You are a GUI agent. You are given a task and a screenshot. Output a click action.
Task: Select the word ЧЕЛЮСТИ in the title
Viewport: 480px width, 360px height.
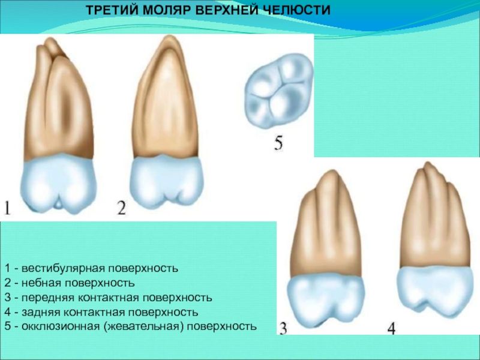296,10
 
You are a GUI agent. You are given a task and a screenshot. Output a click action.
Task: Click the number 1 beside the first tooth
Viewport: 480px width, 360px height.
7,208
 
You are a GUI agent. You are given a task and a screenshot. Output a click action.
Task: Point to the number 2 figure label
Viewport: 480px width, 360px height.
122,208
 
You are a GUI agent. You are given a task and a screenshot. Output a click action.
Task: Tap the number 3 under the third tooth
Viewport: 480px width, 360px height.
283,328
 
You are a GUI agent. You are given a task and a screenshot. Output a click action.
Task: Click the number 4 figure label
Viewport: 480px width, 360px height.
391,328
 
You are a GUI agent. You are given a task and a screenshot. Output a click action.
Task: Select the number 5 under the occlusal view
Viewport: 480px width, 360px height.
278,143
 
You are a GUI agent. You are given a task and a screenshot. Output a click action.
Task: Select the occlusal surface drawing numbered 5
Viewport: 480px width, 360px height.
278,91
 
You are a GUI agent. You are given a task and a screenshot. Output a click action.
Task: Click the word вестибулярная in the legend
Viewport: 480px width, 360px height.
64,268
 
